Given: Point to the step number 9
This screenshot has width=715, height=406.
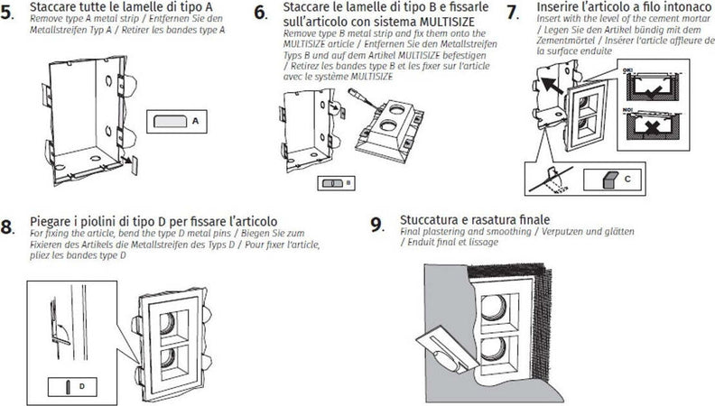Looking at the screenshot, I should coord(376,226).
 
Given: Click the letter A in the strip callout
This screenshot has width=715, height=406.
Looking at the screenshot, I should coord(194,120).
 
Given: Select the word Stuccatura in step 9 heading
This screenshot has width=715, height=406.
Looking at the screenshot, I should coord(432,220).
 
